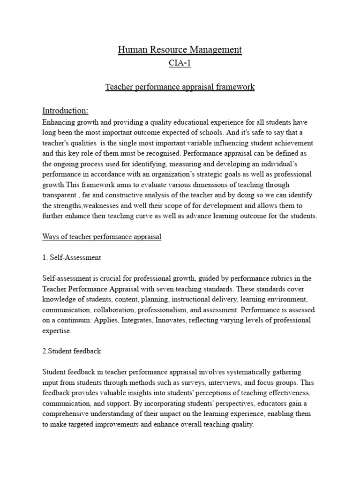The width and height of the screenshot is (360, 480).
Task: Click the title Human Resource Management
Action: pyautogui.click(x=180, y=49)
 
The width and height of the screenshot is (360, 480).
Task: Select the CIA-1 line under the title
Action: pyautogui.click(x=180, y=64)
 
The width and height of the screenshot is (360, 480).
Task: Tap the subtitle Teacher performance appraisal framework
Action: pyautogui.click(x=180, y=87)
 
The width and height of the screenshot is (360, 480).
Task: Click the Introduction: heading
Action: pyautogui.click(x=65, y=111)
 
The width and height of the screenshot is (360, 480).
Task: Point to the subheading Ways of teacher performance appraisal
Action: pyautogui.click(x=102, y=237)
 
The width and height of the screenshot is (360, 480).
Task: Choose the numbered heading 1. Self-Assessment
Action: pyautogui.click(x=71, y=257)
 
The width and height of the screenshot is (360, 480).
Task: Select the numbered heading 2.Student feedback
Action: pyautogui.click(x=71, y=351)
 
